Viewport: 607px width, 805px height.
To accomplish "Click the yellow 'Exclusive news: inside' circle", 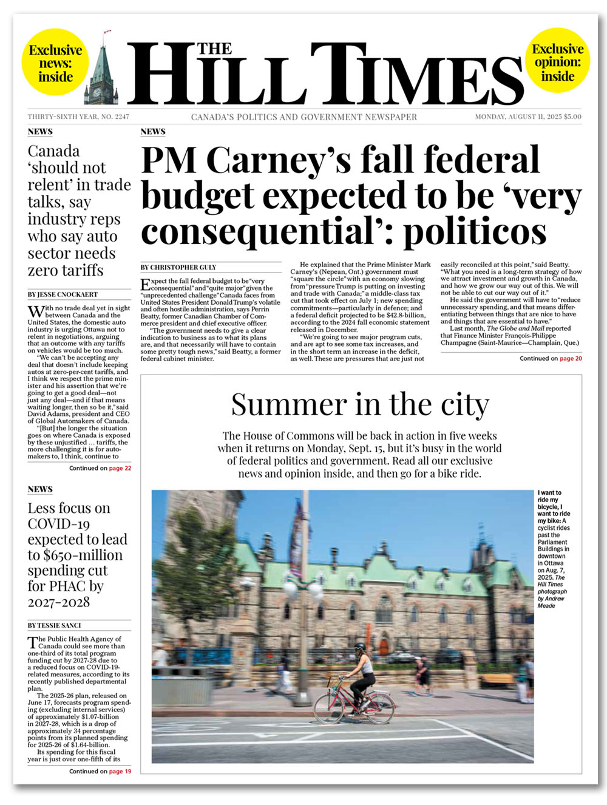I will tap(55, 64).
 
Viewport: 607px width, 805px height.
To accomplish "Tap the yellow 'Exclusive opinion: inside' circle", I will tap(557, 63).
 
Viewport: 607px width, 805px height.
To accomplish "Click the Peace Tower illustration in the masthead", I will tap(104, 73).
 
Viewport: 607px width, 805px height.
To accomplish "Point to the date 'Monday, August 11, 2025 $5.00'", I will tap(527, 117).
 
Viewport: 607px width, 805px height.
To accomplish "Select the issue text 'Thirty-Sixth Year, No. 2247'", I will tap(78, 117).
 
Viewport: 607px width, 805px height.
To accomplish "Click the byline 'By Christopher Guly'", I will tap(178, 267).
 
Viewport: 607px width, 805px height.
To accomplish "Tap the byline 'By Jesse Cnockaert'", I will tap(63, 294).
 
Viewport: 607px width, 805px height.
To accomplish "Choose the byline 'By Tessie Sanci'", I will tap(54, 625).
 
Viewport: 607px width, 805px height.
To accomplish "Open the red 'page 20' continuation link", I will tap(571, 359).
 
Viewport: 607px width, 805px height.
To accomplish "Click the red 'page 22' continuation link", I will tap(120, 468).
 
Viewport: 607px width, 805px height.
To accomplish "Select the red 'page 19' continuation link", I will tap(120, 772).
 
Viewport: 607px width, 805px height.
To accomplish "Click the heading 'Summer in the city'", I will tap(360, 404).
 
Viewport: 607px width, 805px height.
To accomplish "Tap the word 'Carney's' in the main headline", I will tap(279, 161).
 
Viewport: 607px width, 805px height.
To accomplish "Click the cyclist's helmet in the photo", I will tap(360, 647).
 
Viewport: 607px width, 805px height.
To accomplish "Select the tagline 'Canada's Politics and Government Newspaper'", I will tap(304, 117).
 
